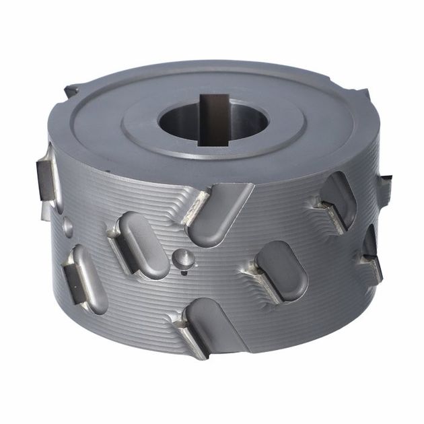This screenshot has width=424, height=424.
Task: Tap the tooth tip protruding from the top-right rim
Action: coord(363,94)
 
